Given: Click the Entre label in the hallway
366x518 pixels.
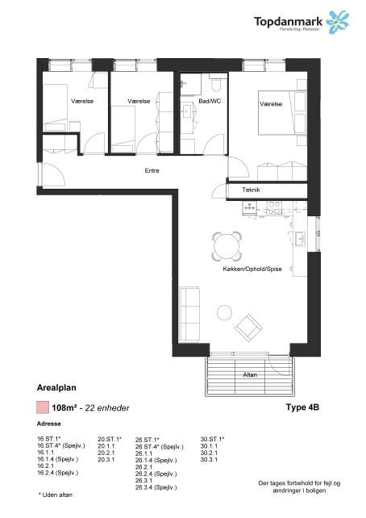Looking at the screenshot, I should click(152, 171).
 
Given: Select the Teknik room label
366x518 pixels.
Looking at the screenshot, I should click(251, 190).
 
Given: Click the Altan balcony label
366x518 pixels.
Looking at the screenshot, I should click(249, 376).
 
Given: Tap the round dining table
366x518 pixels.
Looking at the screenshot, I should click(226, 244).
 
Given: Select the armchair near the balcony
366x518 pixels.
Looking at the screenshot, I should click(247, 327).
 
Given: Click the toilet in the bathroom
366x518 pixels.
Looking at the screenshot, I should click(214, 86).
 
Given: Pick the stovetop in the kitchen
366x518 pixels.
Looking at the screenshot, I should click(251, 207).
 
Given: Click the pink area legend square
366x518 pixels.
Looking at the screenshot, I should click(43, 407).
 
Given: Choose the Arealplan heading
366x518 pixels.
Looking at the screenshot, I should click(56, 388).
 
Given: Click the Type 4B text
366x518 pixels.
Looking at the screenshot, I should click(303, 408).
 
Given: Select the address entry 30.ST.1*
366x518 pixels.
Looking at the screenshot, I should click(213, 439).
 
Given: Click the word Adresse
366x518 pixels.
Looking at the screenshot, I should click(49, 424).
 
